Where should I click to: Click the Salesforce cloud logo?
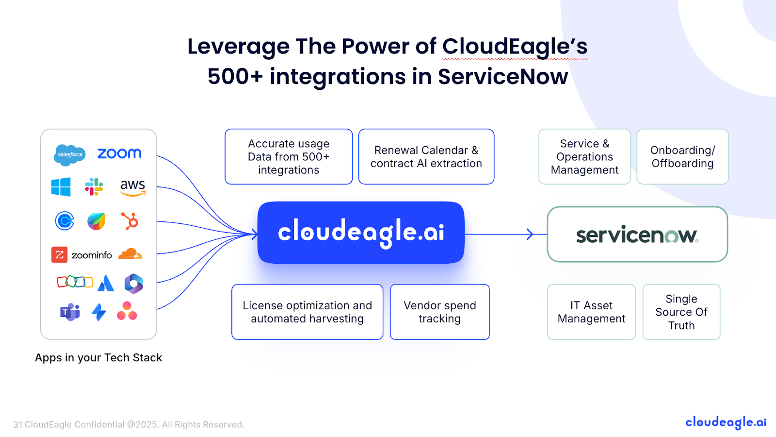coord(70,154)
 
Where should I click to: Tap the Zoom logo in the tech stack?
coord(119,153)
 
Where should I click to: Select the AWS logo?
coord(133,187)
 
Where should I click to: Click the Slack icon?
coord(94,187)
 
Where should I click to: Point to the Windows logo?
coord(61,187)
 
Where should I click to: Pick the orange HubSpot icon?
coord(130,221)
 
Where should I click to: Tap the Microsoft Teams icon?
coord(70,312)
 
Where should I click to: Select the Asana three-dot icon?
coord(127,311)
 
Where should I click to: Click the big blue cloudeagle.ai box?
coord(361,233)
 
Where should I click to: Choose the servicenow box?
coord(637,235)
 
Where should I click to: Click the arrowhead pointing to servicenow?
coord(530,235)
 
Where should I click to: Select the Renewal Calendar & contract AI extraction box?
coord(426,157)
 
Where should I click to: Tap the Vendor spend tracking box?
coord(439,312)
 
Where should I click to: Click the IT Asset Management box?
coord(591,312)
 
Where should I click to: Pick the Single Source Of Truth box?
coord(681,312)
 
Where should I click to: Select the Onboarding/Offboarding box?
coord(682,157)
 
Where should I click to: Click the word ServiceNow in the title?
coord(503,77)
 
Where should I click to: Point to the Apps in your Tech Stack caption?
coord(98,358)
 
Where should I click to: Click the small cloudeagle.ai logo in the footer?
coord(726,422)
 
